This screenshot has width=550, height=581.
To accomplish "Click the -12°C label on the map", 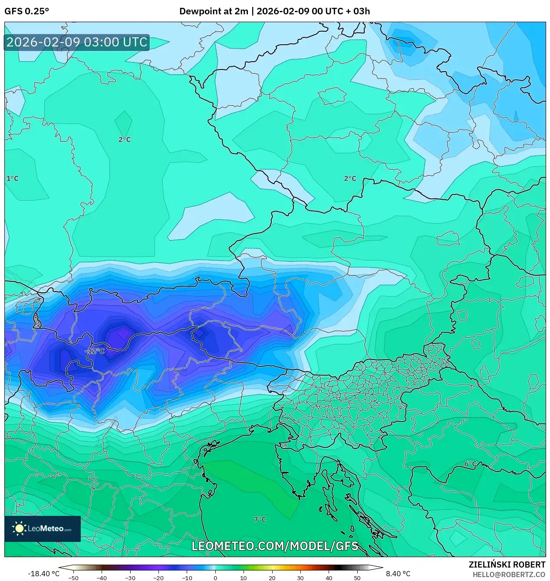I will point(95,351).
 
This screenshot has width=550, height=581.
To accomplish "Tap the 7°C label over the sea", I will point(260,519).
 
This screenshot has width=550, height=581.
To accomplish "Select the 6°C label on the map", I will point(471,464).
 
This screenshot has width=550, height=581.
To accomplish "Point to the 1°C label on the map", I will point(13,178).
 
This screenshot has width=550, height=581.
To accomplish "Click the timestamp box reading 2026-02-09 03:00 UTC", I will point(77,42).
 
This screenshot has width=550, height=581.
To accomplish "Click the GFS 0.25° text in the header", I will point(26,11).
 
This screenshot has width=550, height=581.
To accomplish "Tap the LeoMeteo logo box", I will point(43,528).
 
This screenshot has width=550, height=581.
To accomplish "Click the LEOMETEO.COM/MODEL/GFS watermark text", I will point(275,546).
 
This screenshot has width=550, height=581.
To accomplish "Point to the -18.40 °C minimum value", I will point(43,574).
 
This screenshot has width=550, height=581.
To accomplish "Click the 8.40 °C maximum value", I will point(398,574).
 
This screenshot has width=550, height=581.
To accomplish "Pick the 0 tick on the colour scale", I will point(215,578).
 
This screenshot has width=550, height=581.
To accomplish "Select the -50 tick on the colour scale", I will point(73,578).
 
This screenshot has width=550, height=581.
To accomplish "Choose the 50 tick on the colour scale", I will point(357,578).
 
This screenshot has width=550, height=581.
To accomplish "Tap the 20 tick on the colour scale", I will point(272,578).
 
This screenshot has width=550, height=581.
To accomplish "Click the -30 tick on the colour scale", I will point(130,578).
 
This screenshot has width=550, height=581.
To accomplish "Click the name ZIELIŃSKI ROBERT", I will point(507,564).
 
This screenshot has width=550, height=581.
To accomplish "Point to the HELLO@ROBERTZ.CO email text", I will point(509,574).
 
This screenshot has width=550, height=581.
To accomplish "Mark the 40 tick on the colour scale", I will point(329,578).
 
